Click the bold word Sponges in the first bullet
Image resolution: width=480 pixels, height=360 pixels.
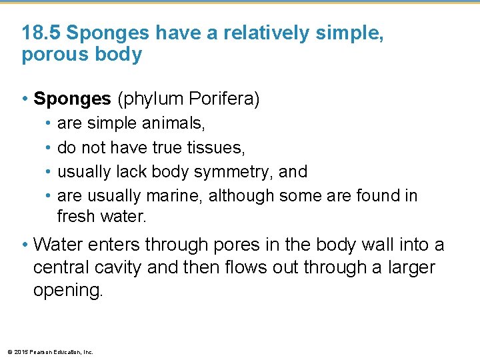(72, 99)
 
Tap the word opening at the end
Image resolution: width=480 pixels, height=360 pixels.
(68, 291)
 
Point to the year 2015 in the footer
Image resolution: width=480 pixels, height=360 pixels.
(21, 352)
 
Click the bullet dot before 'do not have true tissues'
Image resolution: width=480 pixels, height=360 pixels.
(49, 148)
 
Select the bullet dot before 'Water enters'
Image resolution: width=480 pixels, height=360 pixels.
(25, 245)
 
